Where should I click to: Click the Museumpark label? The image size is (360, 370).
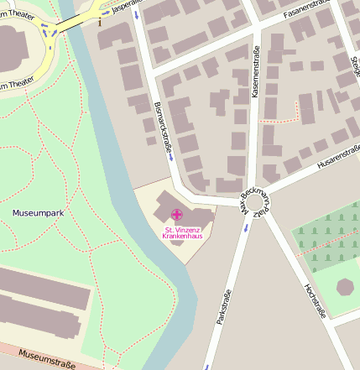(38, 213)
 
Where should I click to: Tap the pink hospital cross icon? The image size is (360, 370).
(176, 216)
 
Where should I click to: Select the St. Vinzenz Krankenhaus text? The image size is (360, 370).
(183, 232)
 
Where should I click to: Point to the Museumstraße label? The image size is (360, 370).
(47, 360)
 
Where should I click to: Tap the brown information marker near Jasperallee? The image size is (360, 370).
(99, 20)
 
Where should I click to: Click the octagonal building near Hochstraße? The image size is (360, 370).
(345, 285)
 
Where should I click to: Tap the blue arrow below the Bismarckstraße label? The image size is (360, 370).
(170, 156)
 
